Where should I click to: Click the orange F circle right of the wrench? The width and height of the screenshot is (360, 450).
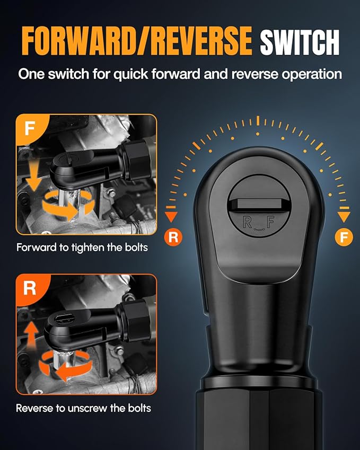click(344, 236)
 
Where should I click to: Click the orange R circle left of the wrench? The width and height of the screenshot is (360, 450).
click(173, 236)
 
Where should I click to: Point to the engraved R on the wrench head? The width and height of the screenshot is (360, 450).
click(248, 222)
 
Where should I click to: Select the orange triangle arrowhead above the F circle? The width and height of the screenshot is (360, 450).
click(344, 216)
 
